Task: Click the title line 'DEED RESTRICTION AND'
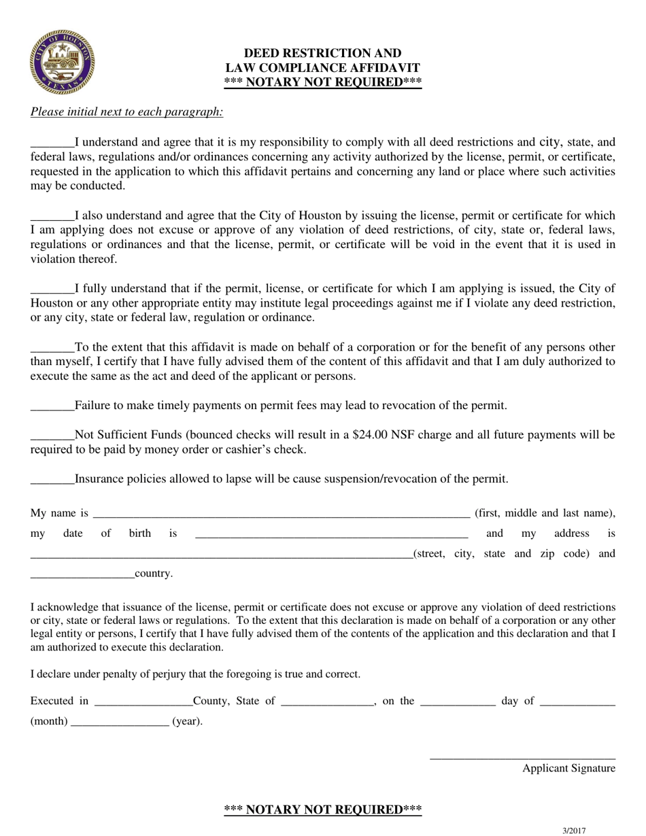[x=322, y=53]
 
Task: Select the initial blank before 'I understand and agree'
[x=52, y=145]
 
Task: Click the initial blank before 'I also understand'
[x=52, y=217]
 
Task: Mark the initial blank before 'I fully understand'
[x=52, y=290]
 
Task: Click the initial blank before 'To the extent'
[x=52, y=349]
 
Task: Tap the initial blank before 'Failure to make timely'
[x=52, y=408]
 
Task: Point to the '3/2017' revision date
[x=574, y=830]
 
